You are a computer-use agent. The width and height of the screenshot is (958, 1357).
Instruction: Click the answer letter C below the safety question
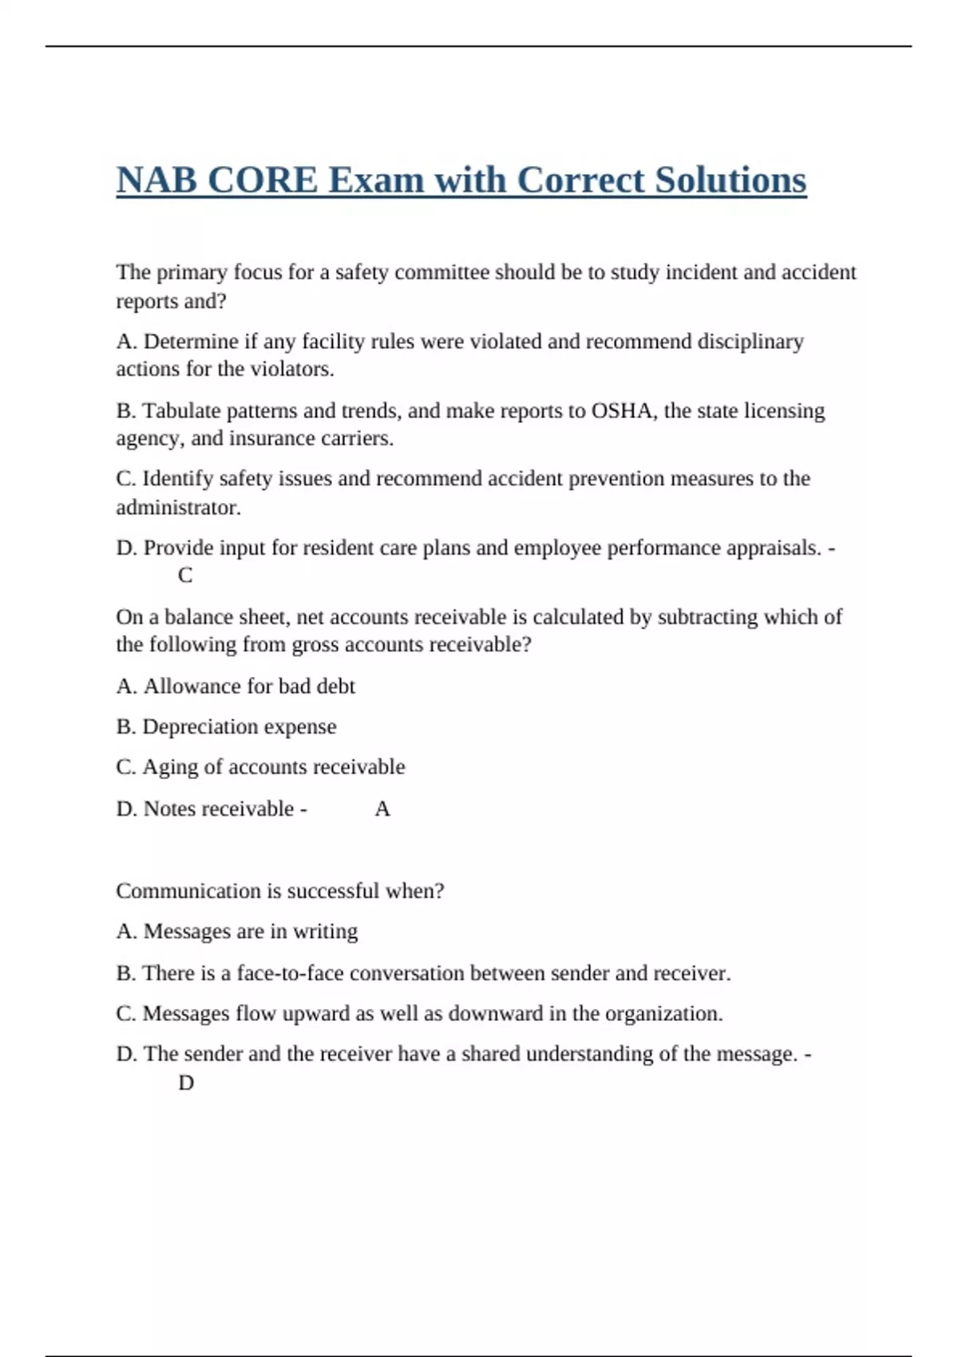tap(185, 576)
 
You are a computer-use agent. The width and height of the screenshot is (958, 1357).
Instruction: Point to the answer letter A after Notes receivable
tap(382, 809)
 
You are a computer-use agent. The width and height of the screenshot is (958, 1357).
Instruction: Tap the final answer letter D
tap(186, 1083)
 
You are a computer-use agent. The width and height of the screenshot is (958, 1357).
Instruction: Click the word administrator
tap(178, 508)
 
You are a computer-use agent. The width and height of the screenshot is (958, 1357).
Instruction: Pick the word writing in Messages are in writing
tap(326, 932)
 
